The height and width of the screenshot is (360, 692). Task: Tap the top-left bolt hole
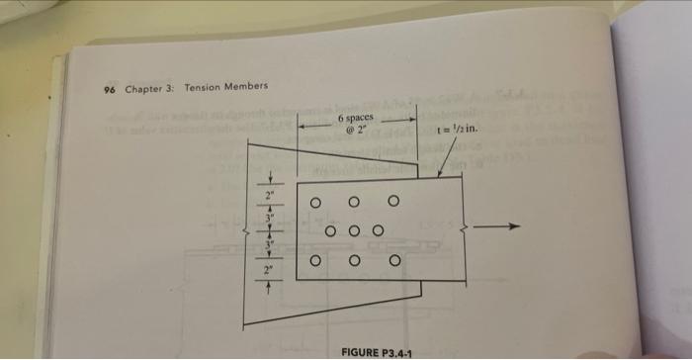(315, 203)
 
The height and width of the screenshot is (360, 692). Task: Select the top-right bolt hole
(393, 202)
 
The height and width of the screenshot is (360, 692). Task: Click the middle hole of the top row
(354, 202)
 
